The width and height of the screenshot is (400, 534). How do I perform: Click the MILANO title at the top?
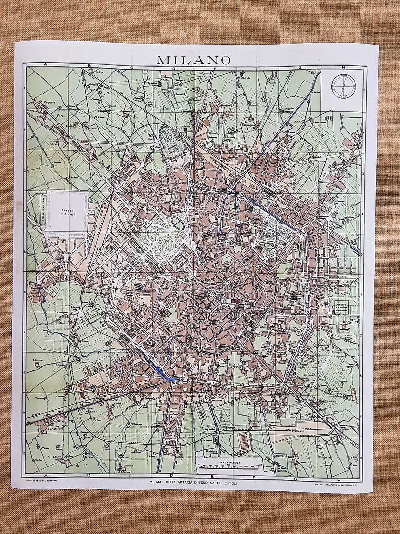[194, 60]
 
